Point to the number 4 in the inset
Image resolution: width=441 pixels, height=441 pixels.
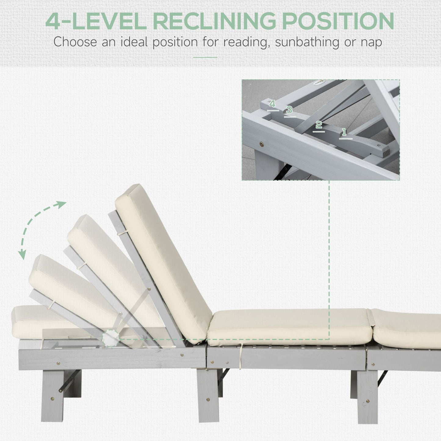pyautogui.click(x=272, y=104)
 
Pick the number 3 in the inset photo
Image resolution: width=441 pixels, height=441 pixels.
pyautogui.click(x=289, y=110)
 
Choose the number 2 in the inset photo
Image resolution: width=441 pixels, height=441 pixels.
pyautogui.click(x=319, y=125)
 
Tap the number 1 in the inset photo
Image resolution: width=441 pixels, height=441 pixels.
pyautogui.click(x=344, y=132)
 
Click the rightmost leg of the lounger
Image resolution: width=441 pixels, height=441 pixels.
pyautogui.click(x=367, y=397)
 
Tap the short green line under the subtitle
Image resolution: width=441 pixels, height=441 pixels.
pyautogui.click(x=205, y=57)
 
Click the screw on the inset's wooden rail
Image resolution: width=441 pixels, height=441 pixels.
pyautogui.click(x=262, y=143)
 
